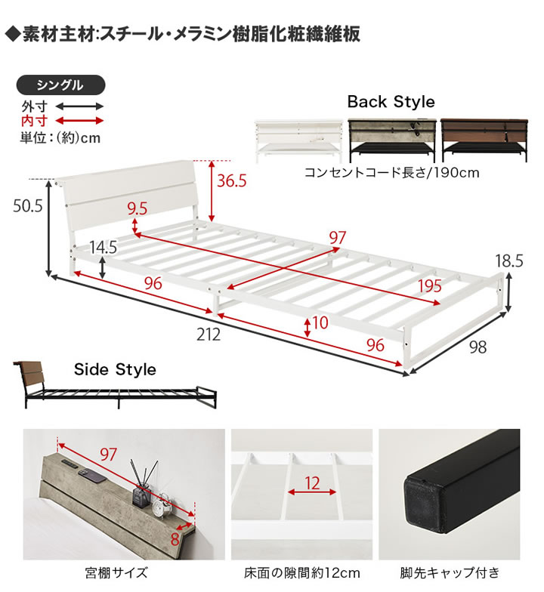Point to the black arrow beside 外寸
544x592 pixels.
78,107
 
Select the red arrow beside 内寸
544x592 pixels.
78,121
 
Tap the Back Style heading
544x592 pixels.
391,102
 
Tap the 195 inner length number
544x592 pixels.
430,286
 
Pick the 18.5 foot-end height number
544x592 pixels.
509,261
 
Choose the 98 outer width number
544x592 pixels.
478,347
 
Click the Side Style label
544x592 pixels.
115,369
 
